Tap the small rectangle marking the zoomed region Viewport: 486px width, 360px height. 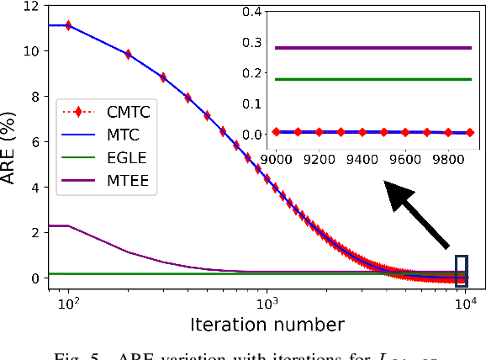pyautogui.click(x=460, y=271)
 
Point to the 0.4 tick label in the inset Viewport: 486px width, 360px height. pyautogui.click(x=252, y=12)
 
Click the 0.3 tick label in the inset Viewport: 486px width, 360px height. pyautogui.click(x=252, y=42)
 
